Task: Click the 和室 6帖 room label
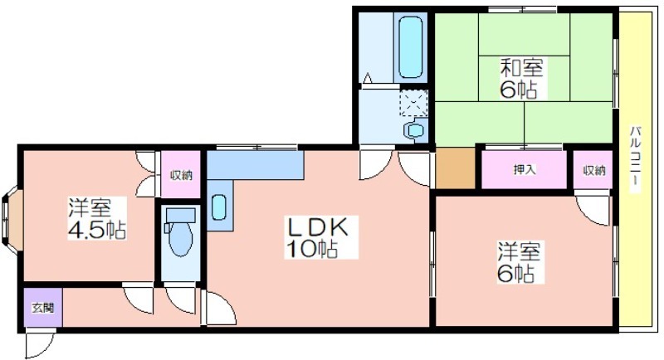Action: pos(521,78)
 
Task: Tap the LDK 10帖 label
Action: pos(318,237)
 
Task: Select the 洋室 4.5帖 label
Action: pos(97,218)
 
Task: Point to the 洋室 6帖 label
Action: pos(520,262)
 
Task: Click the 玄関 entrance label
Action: pos(43,308)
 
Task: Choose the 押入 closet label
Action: pos(525,170)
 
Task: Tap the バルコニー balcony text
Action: pos(635,159)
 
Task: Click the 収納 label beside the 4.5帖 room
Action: pos(181,175)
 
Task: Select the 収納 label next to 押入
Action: pos(593,170)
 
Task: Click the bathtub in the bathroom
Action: pos(410,47)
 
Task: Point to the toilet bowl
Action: pos(180,237)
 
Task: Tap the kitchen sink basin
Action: pos(218,207)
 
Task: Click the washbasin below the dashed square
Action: pos(414,130)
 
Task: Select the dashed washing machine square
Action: pos(413,103)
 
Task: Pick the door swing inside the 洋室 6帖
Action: pos(593,208)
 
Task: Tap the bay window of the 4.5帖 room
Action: pos(11,220)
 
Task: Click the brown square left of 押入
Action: pos(455,168)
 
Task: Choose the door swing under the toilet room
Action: pos(181,300)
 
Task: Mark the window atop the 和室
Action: pos(522,9)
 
